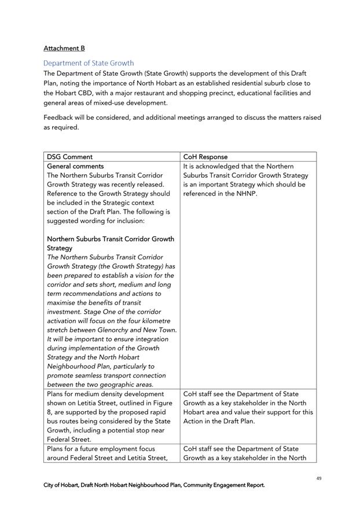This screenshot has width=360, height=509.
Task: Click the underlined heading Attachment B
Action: click(64, 48)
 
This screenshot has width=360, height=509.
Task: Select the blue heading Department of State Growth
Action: click(89, 63)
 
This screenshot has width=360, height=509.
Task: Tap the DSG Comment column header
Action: click(69, 157)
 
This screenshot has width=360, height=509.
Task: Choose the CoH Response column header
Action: click(205, 157)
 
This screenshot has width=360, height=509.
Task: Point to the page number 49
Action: click(319, 478)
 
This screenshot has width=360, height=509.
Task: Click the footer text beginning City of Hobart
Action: click(154, 485)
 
